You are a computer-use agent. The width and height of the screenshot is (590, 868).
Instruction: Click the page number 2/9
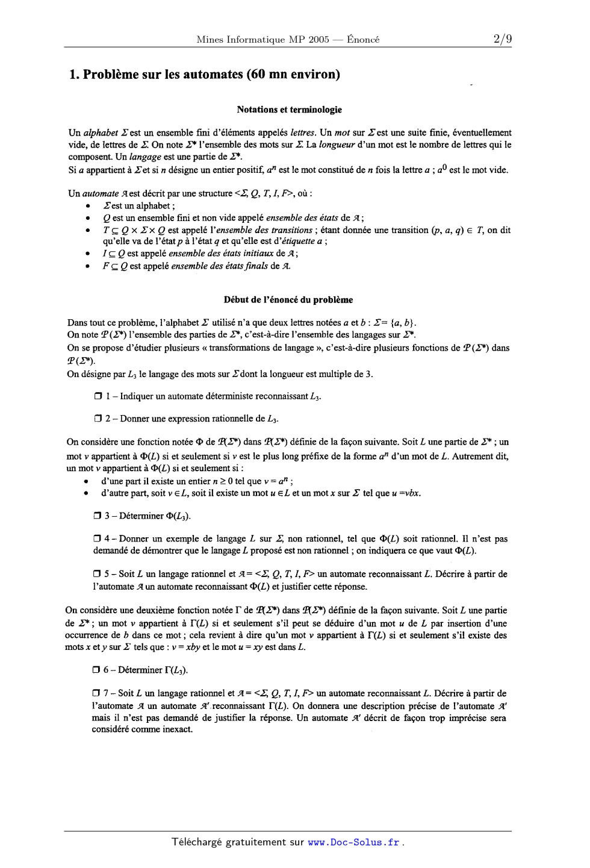502,40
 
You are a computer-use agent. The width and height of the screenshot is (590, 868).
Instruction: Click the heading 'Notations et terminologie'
289,110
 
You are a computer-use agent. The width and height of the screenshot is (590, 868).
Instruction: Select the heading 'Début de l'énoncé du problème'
288,299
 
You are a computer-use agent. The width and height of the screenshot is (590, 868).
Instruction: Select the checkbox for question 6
97,670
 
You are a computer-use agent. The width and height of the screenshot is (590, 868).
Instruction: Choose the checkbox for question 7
97,693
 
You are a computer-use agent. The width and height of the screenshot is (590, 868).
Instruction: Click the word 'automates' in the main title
212,75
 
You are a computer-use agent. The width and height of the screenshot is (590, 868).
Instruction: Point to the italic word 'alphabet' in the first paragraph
101,133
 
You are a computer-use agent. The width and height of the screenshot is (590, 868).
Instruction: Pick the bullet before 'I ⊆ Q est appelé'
88,254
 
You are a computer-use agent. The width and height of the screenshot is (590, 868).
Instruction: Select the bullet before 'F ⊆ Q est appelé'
88,266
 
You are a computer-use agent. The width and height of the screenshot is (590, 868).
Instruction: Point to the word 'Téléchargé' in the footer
197,843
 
